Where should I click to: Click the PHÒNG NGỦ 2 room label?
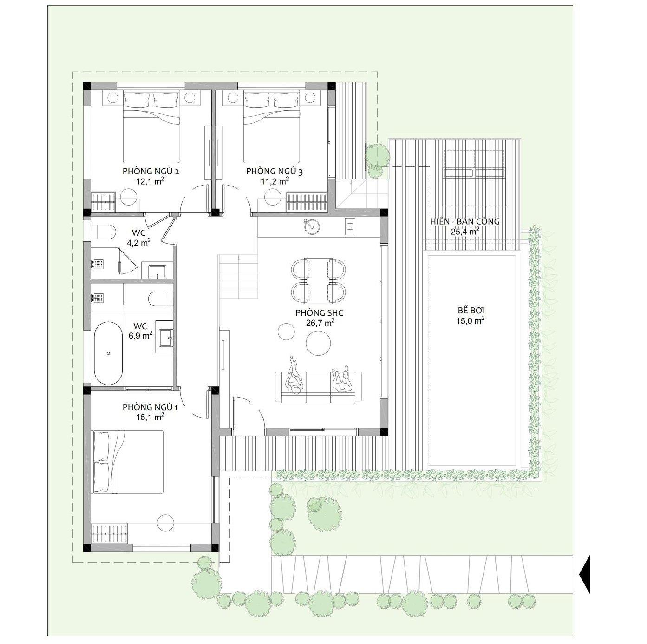pyautogui.click(x=150, y=172)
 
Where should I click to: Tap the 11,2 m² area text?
pyautogui.click(x=275, y=181)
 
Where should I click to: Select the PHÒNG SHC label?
pyautogui.click(x=319, y=313)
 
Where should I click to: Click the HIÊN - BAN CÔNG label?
pyautogui.click(x=465, y=222)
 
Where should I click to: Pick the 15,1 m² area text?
pyautogui.click(x=150, y=417)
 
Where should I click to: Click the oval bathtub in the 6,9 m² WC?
pyautogui.click(x=108, y=353)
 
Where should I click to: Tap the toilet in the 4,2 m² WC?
pyautogui.click(x=104, y=232)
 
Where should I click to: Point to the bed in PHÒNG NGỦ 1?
pyautogui.click(x=128, y=462)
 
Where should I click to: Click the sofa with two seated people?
pyautogui.click(x=318, y=387)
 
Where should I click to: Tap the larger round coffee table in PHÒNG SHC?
pyautogui.click(x=318, y=343)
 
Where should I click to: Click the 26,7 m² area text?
pyautogui.click(x=320, y=323)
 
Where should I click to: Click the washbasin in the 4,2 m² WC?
pyautogui.click(x=157, y=272)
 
